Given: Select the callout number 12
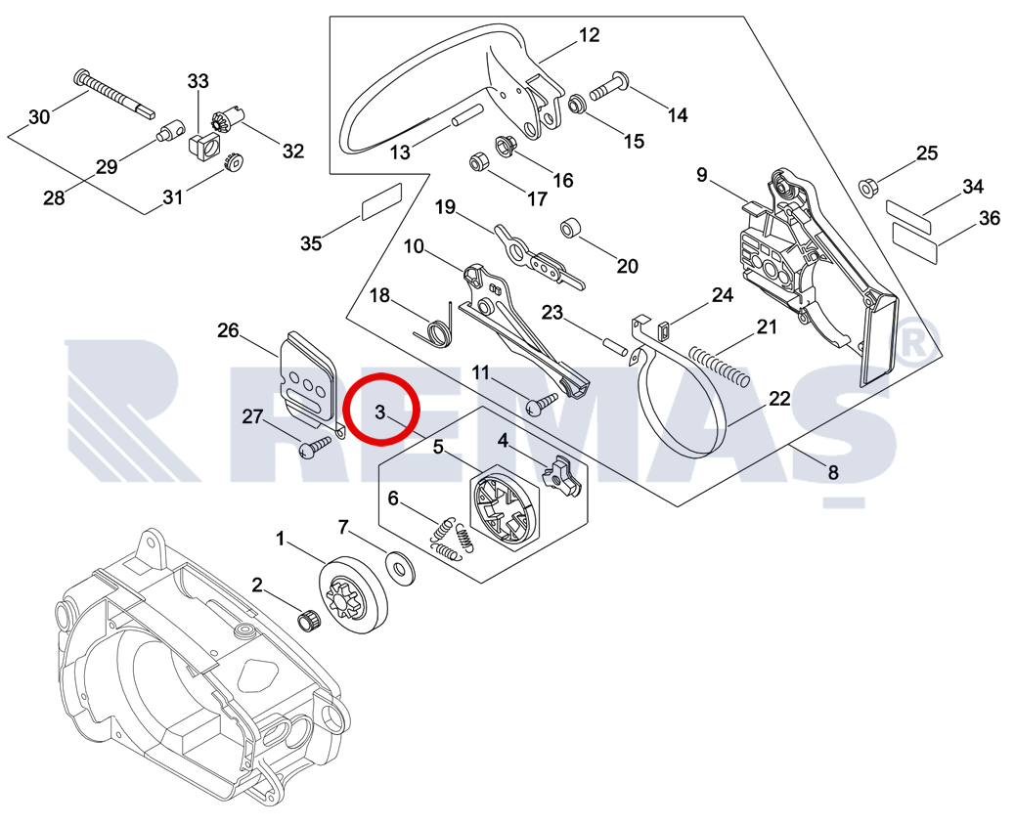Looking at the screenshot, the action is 588,35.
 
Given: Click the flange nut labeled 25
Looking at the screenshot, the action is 866,188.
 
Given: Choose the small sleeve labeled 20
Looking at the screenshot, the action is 570,229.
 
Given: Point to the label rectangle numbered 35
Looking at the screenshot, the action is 381,202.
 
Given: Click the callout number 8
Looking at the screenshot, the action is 832,472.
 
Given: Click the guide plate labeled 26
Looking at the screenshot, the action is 308,377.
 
